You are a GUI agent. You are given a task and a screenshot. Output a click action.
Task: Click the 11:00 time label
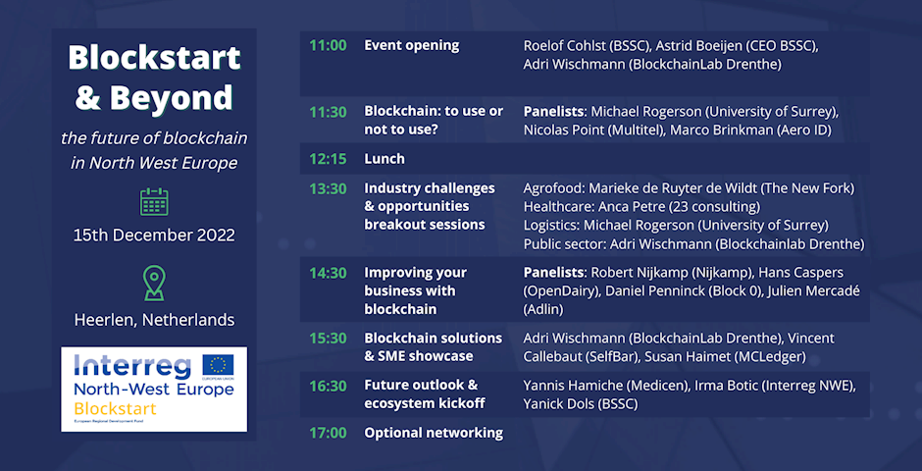pyautogui.click(x=329, y=46)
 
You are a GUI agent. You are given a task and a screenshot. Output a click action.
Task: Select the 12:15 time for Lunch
pyautogui.click(x=329, y=159)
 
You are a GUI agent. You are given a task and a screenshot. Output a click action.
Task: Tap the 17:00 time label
pyautogui.click(x=329, y=434)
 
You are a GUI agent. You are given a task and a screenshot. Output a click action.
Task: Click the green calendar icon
pyautogui.click(x=154, y=202)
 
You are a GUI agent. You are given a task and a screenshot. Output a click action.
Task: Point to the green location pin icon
pyautogui.click(x=154, y=283)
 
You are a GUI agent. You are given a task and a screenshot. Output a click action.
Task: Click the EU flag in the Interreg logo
pyautogui.click(x=218, y=365)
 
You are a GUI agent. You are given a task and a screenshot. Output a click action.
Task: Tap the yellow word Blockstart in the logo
pyautogui.click(x=116, y=408)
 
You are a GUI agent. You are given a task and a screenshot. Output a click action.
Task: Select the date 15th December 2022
pyautogui.click(x=154, y=235)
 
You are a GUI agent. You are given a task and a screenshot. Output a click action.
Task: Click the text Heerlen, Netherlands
pyautogui.click(x=154, y=320)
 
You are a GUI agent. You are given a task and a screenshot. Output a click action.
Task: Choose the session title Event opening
pyautogui.click(x=412, y=46)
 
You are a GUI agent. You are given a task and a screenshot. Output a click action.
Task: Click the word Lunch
pyautogui.click(x=384, y=159)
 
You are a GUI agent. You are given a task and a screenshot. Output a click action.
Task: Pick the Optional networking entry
pyautogui.click(x=434, y=434)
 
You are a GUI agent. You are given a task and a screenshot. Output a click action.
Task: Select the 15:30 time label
pyautogui.click(x=329, y=340)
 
